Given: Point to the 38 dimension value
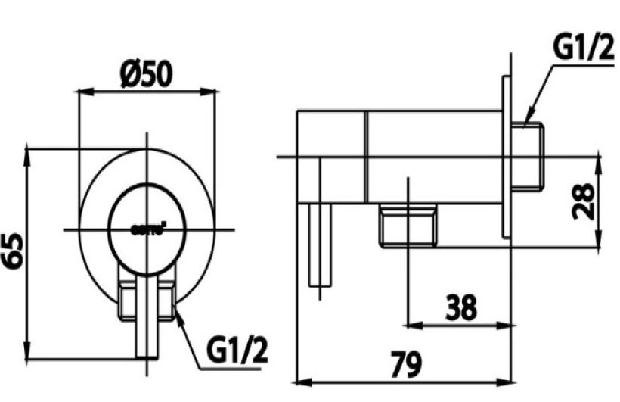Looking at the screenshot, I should pyautogui.click(x=460, y=308).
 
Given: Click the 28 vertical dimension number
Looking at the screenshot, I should pyautogui.click(x=584, y=199).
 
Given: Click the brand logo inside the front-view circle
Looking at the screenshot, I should pyautogui.click(x=148, y=228).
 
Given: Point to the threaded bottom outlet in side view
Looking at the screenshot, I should pyautogui.click(x=408, y=226).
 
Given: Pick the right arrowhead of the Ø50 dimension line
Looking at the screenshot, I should pyautogui.click(x=212, y=92).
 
